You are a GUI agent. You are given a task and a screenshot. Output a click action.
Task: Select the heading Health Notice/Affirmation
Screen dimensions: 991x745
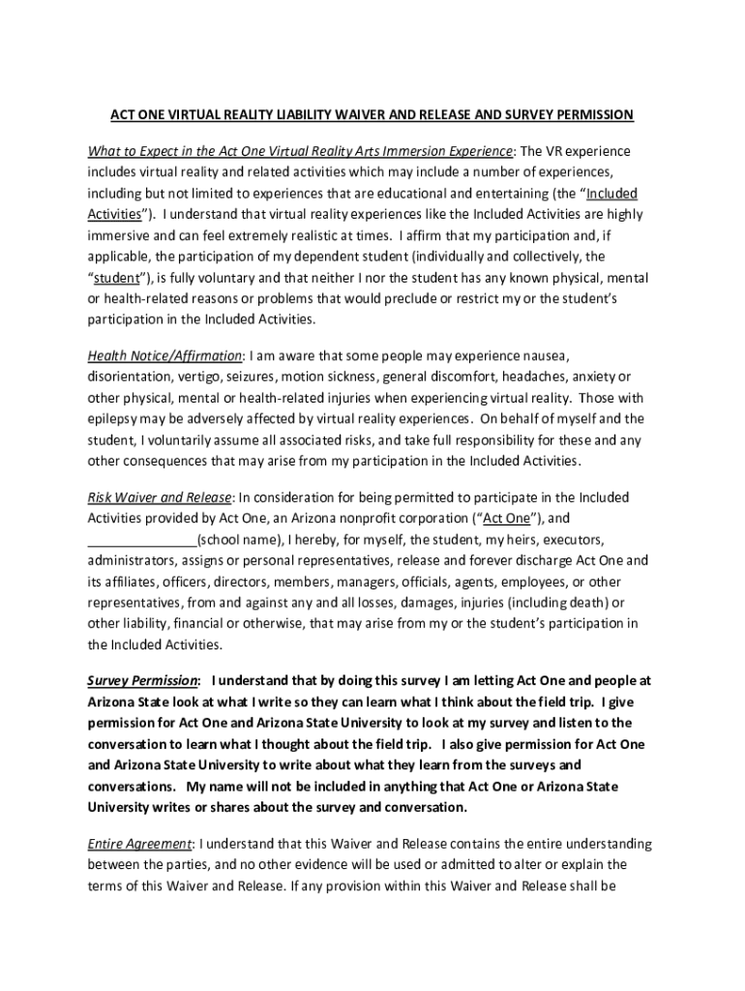[164, 355]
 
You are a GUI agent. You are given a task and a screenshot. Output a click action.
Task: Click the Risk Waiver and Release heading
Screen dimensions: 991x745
[160, 497]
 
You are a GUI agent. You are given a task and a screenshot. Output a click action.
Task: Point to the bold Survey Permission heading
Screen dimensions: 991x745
[143, 680]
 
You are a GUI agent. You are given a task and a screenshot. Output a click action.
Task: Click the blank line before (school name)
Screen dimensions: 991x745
[141, 540]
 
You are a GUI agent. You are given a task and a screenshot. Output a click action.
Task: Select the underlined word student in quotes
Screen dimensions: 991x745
[118, 278]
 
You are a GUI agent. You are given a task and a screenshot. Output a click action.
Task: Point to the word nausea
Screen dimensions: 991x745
[544, 355]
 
